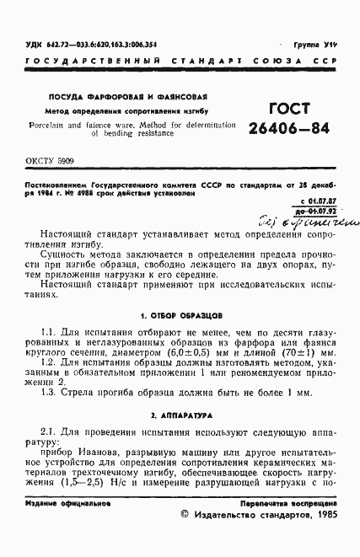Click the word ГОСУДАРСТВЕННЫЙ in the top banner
73,62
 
